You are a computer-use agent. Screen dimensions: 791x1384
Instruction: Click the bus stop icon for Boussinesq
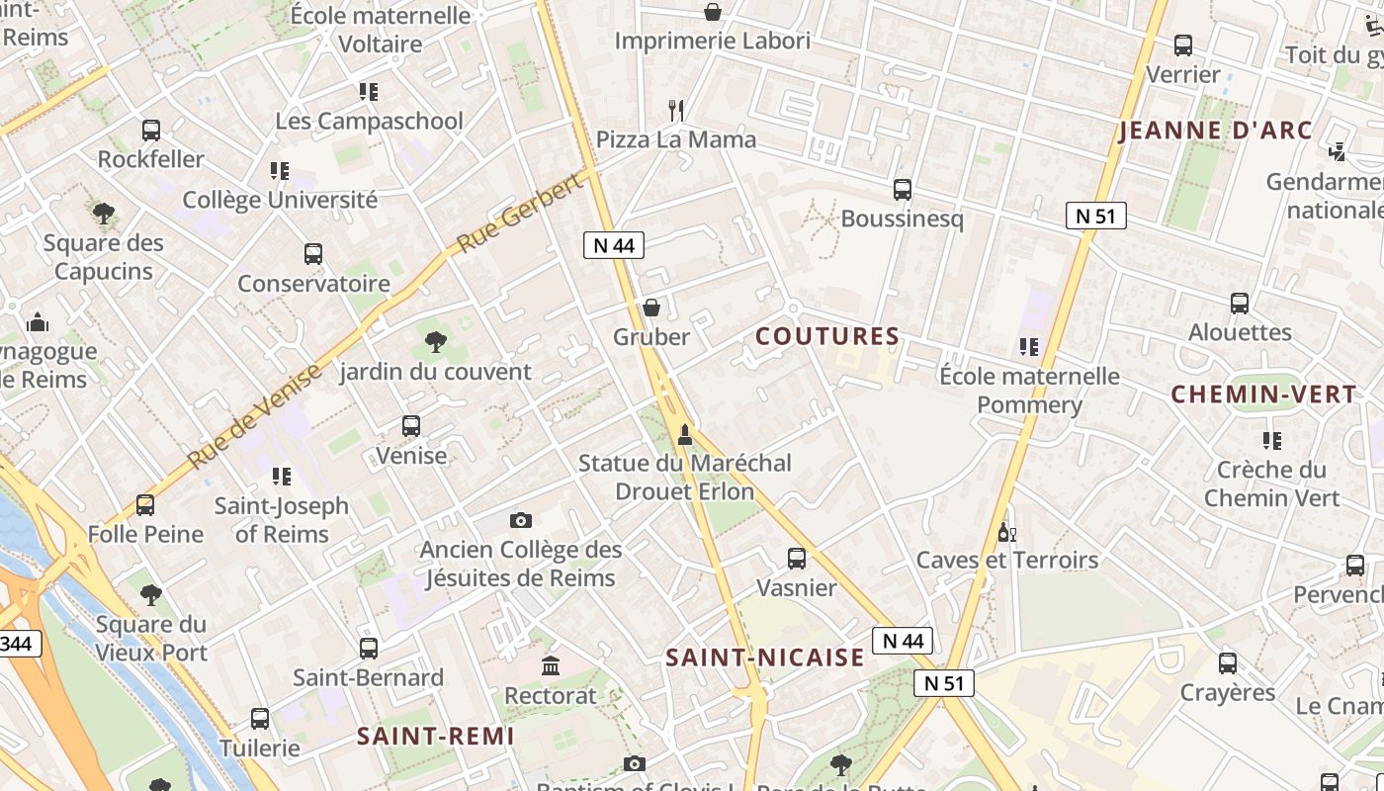click(902, 190)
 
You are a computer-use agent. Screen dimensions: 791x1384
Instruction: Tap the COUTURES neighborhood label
click(827, 336)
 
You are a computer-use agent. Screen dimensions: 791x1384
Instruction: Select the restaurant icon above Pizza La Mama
click(676, 110)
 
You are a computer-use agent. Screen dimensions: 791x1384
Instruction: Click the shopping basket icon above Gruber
click(651, 308)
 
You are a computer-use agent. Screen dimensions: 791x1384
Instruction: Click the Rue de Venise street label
click(255, 416)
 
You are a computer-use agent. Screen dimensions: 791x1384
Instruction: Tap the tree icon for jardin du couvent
click(435, 343)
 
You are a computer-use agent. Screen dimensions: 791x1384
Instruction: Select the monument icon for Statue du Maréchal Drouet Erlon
click(684, 434)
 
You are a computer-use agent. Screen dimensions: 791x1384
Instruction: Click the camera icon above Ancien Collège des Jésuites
click(521, 520)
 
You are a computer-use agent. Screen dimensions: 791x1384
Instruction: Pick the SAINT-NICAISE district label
click(765, 658)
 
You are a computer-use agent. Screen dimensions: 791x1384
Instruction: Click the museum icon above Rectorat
click(551, 666)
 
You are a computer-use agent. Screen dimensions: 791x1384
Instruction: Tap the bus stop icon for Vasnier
click(796, 559)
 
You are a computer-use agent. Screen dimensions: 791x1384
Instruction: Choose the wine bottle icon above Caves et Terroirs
click(1006, 532)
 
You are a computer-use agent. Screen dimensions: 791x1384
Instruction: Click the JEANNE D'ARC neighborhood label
click(1215, 131)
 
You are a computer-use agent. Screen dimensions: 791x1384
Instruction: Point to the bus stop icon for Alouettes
click(1240, 304)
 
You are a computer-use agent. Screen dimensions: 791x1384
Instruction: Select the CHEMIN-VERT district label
click(1263, 395)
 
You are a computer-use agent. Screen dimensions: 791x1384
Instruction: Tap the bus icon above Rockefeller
click(151, 131)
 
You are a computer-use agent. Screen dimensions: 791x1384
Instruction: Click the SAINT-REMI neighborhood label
click(436, 736)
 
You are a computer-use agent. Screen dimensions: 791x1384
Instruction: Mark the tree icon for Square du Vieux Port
click(150, 595)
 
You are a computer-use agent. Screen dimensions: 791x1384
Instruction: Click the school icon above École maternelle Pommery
click(1029, 347)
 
